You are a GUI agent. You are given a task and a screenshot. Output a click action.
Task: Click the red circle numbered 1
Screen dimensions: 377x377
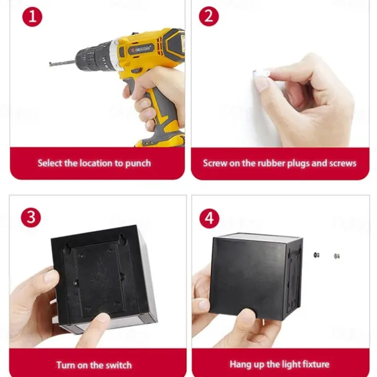[32, 17]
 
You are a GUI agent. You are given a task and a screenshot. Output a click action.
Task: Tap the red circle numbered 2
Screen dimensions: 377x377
[209, 16]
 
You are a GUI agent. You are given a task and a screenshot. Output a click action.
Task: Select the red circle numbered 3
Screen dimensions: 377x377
[31, 217]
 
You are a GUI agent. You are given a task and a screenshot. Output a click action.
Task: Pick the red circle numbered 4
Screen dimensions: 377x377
[209, 218]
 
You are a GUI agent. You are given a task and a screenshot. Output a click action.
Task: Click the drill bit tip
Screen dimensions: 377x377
[50, 64]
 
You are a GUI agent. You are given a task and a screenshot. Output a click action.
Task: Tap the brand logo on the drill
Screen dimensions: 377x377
[141, 49]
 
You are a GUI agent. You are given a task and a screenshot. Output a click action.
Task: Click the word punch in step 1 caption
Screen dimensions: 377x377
[138, 164]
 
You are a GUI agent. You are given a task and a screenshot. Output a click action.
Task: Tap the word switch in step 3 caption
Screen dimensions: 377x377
[119, 365]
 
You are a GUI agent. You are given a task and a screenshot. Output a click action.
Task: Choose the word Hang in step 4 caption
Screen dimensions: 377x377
[238, 365]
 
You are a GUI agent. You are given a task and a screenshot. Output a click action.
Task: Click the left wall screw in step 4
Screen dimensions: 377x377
[316, 255]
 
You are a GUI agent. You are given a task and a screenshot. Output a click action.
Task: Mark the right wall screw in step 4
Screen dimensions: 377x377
[337, 256]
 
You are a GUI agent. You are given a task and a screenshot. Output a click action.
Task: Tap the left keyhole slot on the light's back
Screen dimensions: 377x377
[67, 248]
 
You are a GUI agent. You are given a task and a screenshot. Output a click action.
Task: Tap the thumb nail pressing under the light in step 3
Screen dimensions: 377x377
[104, 318]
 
